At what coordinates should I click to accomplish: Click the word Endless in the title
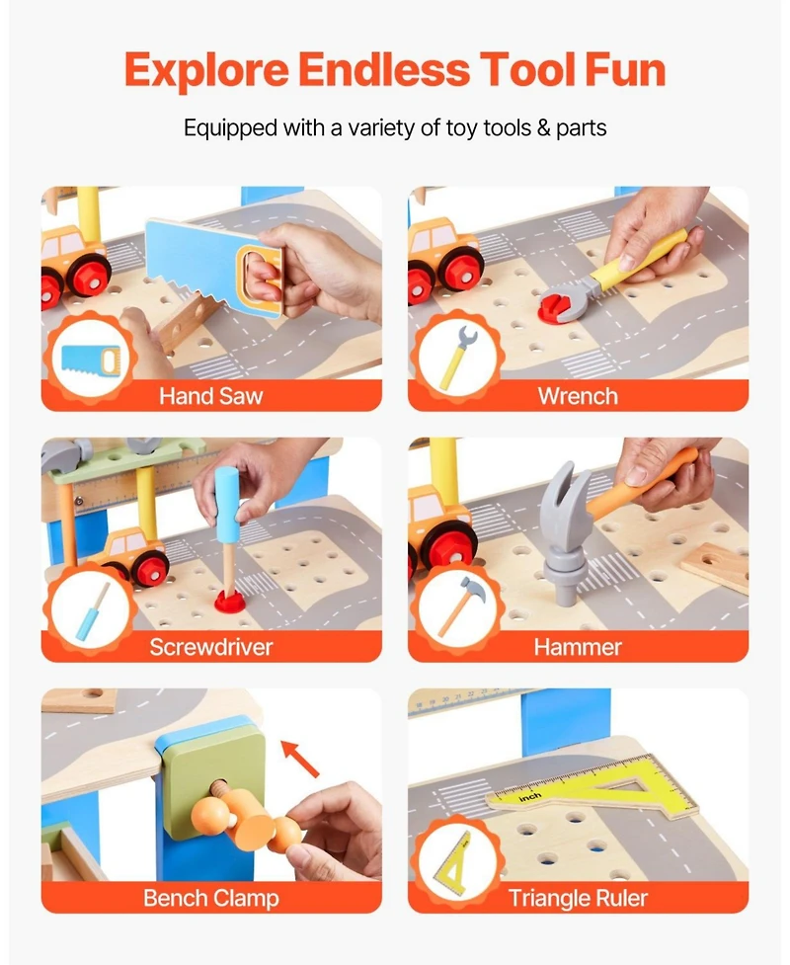pyautogui.click(x=384, y=71)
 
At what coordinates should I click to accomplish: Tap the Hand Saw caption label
pyautogui.click(x=211, y=396)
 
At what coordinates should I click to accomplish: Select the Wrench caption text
pyautogui.click(x=578, y=396)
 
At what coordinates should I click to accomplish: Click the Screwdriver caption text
pyautogui.click(x=211, y=647)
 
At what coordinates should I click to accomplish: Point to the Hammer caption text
pyautogui.click(x=578, y=647)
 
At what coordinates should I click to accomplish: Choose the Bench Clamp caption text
pyautogui.click(x=211, y=898)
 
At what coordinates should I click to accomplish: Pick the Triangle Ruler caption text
pyautogui.click(x=578, y=898)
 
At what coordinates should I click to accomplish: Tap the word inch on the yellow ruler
pyautogui.click(x=530, y=796)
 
